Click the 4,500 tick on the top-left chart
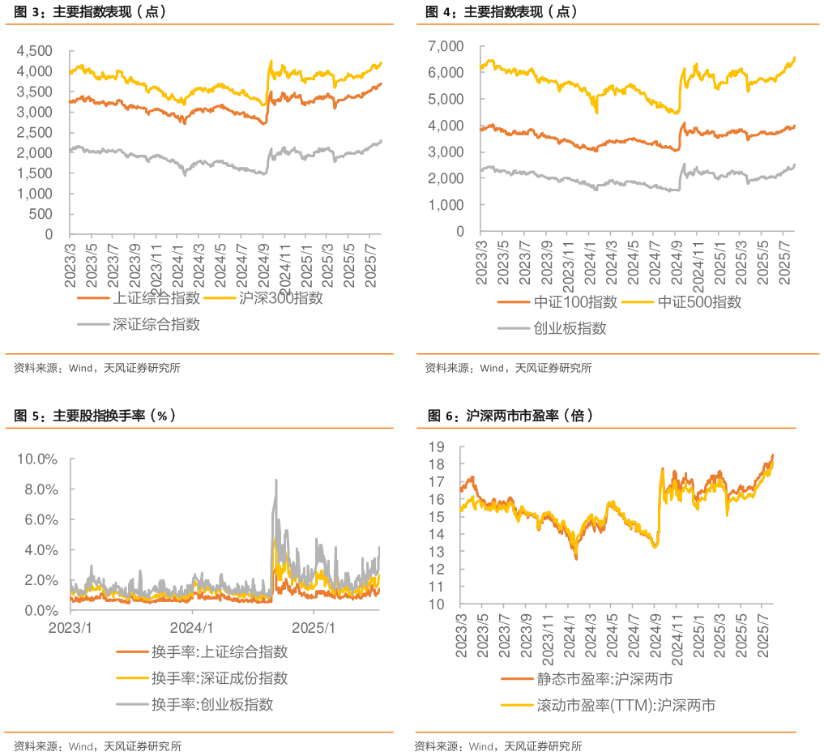pyautogui.click(x=36, y=50)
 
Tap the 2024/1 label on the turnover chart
pyautogui.click(x=192, y=628)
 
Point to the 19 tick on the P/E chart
pyautogui.click(x=437, y=446)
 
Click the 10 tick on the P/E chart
pyautogui.click(x=437, y=604)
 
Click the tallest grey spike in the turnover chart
pyautogui.click(x=275, y=480)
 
